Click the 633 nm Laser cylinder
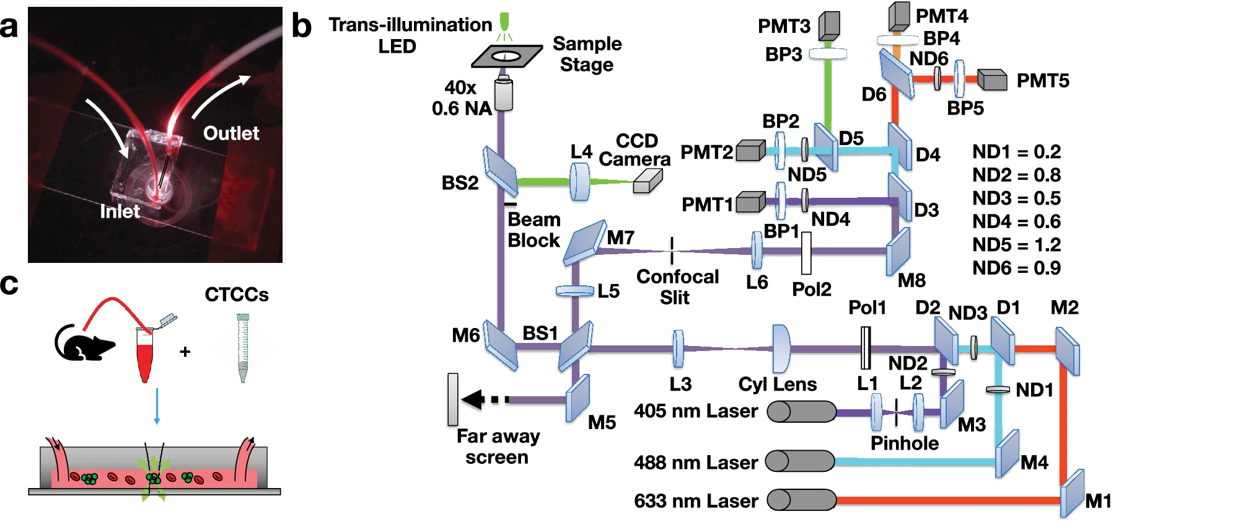801,499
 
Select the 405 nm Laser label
695,411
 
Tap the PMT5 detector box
992,80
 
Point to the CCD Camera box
648,181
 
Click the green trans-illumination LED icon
504,22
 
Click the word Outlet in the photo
231,133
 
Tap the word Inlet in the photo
120,211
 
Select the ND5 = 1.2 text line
1016,245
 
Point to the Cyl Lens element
781,349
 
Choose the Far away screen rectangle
453,399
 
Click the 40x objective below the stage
504,94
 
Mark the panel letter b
302,26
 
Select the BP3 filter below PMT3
828,54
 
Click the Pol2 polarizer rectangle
806,253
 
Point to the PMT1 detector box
750,202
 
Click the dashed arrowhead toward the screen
474,399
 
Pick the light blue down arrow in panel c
157,407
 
